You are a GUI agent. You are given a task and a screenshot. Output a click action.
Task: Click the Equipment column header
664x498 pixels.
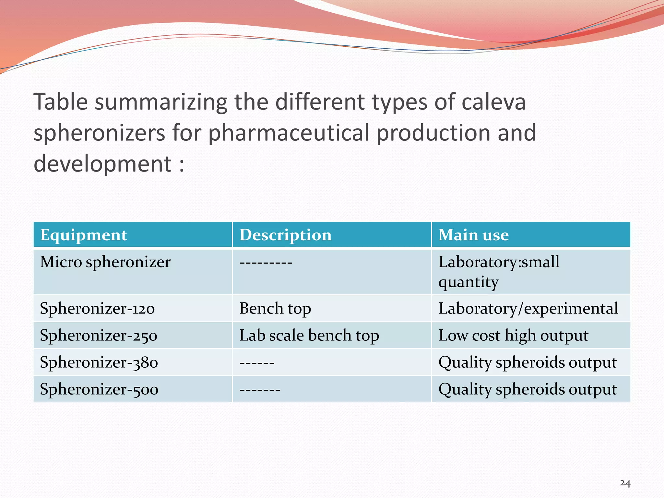[x=84, y=235]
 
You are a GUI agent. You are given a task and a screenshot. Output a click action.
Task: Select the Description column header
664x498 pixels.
[x=285, y=235]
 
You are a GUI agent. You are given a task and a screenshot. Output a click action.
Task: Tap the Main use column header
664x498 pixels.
[x=473, y=235]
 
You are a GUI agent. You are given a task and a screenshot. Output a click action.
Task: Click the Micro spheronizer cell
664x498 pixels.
[x=105, y=262]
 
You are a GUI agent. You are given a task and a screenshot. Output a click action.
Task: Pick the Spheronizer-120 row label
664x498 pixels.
[x=97, y=308]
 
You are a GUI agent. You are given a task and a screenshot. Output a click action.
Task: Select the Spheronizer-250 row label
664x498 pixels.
[x=99, y=336]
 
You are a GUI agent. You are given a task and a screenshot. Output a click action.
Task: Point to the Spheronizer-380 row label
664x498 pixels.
[x=99, y=362]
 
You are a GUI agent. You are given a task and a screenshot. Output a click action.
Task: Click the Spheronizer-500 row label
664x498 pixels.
[x=99, y=389]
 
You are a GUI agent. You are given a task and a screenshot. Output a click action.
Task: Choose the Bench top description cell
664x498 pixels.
[x=275, y=308]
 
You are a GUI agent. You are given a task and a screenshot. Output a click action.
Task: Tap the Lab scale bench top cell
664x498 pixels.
[x=309, y=336]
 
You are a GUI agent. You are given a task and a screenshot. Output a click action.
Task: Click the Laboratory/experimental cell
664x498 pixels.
[x=528, y=308]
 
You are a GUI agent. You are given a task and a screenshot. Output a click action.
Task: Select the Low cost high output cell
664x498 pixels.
[x=513, y=336]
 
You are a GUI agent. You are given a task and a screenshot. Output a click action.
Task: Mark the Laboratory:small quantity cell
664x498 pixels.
[x=499, y=272]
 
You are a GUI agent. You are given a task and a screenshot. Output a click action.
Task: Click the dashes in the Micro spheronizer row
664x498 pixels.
[x=266, y=262]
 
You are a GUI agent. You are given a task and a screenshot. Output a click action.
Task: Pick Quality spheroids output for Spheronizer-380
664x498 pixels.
[x=528, y=362]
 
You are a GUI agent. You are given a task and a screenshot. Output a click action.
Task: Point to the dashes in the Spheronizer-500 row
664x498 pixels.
[x=260, y=389]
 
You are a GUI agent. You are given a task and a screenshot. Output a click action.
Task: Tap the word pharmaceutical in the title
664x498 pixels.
[x=289, y=133]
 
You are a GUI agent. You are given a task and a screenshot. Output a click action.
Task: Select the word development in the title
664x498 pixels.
[x=102, y=164]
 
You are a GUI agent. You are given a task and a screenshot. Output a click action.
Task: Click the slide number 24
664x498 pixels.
[x=625, y=483]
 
